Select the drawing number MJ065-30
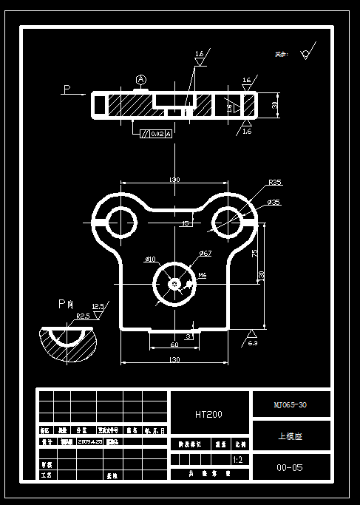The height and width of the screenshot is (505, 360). tap(290, 405)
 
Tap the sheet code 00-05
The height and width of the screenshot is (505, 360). tap(290, 468)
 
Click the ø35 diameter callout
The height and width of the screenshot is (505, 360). tap(273, 202)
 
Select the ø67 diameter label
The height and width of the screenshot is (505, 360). tap(205, 254)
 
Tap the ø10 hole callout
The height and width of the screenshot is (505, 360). tap(150, 260)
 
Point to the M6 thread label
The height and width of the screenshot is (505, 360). tap(202, 275)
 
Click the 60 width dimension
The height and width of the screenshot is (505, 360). tap(174, 345)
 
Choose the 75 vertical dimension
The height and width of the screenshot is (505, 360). tap(254, 252)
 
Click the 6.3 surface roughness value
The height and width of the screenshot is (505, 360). tap(252, 343)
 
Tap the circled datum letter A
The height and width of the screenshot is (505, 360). tap(141, 79)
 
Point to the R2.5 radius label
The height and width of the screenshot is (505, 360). tap(83, 316)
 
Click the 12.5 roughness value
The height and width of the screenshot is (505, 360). tap(98, 306)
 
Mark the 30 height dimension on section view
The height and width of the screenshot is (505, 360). tap(274, 106)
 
